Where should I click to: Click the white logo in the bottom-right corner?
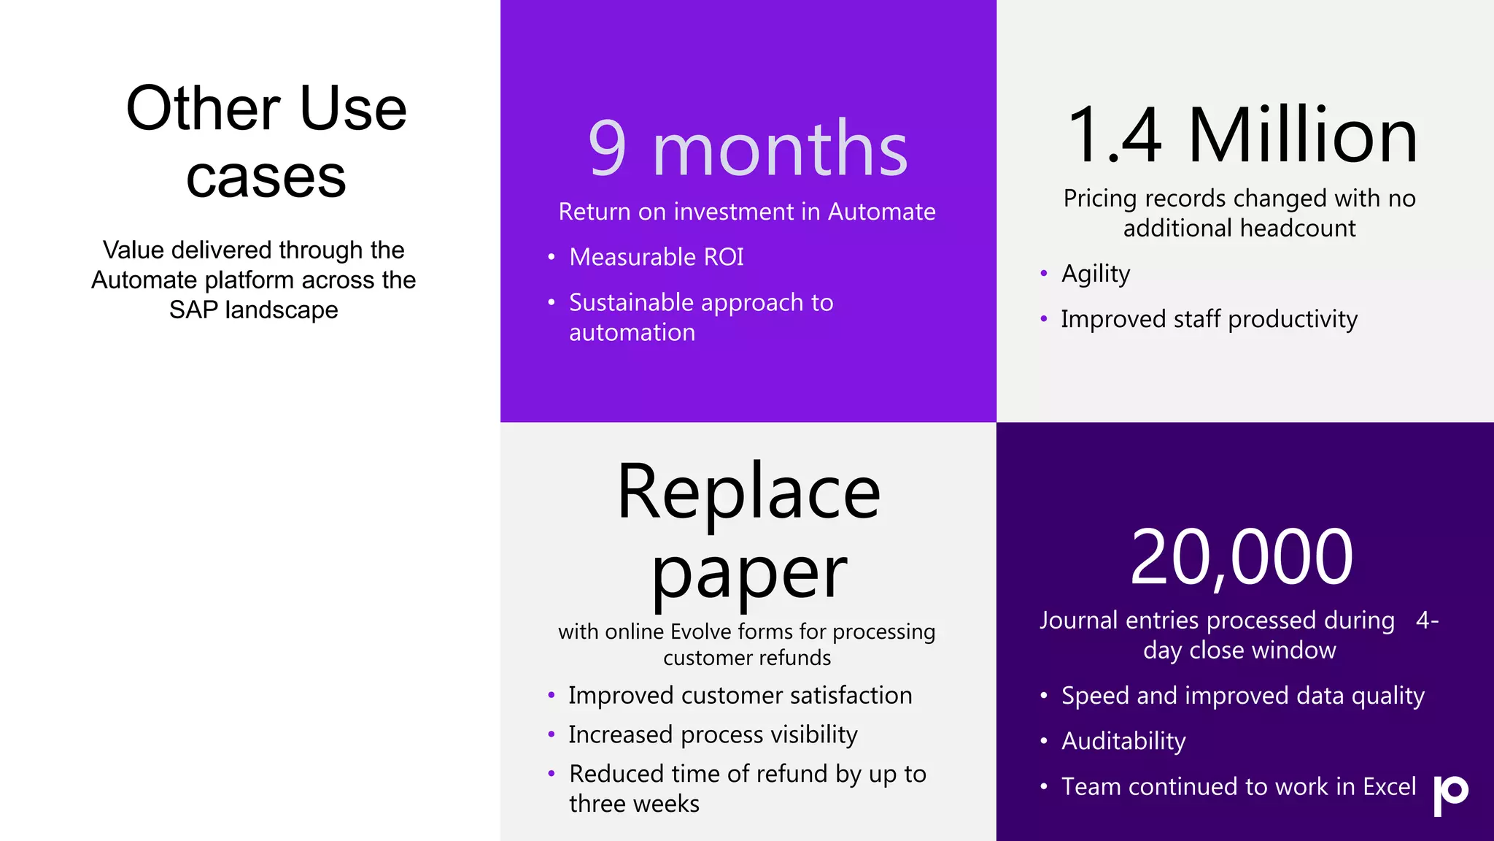coord(1450,795)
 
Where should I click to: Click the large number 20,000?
coord(1241,558)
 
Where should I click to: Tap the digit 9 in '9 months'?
coord(607,148)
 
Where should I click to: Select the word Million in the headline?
coord(1303,136)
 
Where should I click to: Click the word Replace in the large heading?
coord(748,493)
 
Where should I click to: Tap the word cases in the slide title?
coord(266,177)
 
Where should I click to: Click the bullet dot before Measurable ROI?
coord(551,257)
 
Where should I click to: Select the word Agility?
coord(1095,274)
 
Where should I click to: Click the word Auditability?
coord(1123,741)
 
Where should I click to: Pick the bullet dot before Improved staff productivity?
coord(1044,319)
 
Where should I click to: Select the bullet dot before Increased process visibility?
coord(551,734)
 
